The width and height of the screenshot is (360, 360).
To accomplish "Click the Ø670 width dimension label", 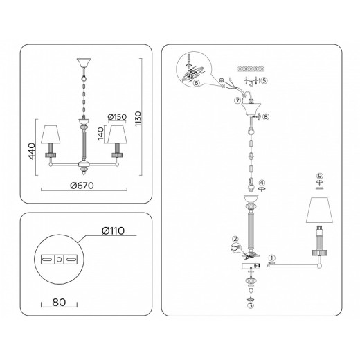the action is coord(82,186).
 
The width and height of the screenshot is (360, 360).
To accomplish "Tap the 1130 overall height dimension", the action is coord(138,119).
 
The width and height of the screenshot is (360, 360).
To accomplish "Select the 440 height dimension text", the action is coord(32,151).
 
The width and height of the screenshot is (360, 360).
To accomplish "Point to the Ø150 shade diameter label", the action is coord(117,117).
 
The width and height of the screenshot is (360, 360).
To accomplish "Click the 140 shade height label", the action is coord(100,134).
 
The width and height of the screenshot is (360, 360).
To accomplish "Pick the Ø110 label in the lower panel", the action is coord(114,231).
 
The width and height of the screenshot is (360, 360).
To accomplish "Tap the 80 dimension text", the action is coord(59,302).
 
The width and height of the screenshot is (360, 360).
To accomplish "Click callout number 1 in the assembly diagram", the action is coord(272,258).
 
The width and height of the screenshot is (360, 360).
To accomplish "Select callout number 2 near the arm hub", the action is coord(235,239).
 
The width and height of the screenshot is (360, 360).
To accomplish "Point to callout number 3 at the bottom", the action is coord(251,305).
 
